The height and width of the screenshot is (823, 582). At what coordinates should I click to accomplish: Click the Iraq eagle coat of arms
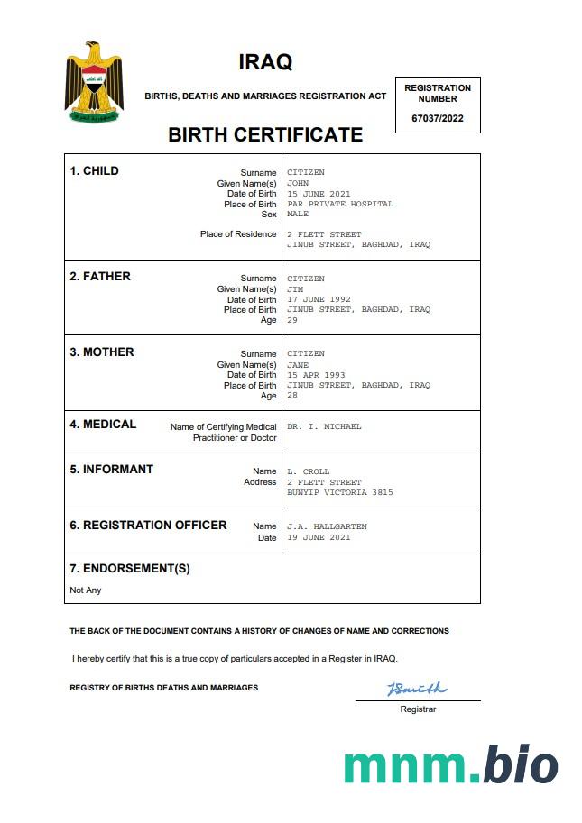coord(93,82)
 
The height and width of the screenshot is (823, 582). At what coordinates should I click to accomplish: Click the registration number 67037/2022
coord(438,118)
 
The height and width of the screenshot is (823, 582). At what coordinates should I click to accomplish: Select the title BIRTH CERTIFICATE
coord(265,135)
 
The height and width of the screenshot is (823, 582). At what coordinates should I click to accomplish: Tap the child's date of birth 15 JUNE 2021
coord(319,194)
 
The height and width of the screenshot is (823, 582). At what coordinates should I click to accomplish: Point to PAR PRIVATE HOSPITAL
coord(340,204)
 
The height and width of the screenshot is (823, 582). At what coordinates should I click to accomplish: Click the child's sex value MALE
coord(298,215)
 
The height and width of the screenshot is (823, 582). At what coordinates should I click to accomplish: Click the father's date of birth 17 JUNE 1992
coord(319,299)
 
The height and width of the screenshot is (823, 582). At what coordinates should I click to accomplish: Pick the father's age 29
coord(292,320)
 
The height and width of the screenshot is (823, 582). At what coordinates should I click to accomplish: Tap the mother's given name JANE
coord(298,365)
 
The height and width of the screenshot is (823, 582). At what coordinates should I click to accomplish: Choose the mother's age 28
coord(292,396)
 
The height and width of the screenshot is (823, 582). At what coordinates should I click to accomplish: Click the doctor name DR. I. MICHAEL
coord(324,426)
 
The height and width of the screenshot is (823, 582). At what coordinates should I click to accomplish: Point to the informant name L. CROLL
coord(309,471)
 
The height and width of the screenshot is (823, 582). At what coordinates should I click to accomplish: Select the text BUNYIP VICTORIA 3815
coord(340,493)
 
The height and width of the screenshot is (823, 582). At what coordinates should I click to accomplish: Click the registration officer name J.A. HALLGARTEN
coord(327,526)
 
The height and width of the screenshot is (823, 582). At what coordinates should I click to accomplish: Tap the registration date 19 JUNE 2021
coord(319,537)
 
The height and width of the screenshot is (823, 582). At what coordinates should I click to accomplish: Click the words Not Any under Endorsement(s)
coord(86,590)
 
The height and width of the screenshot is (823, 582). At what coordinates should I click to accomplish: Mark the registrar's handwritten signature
coord(416,690)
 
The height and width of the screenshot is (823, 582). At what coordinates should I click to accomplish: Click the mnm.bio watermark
coord(450,764)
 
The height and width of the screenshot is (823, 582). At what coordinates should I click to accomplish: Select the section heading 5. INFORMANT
coord(112,469)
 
